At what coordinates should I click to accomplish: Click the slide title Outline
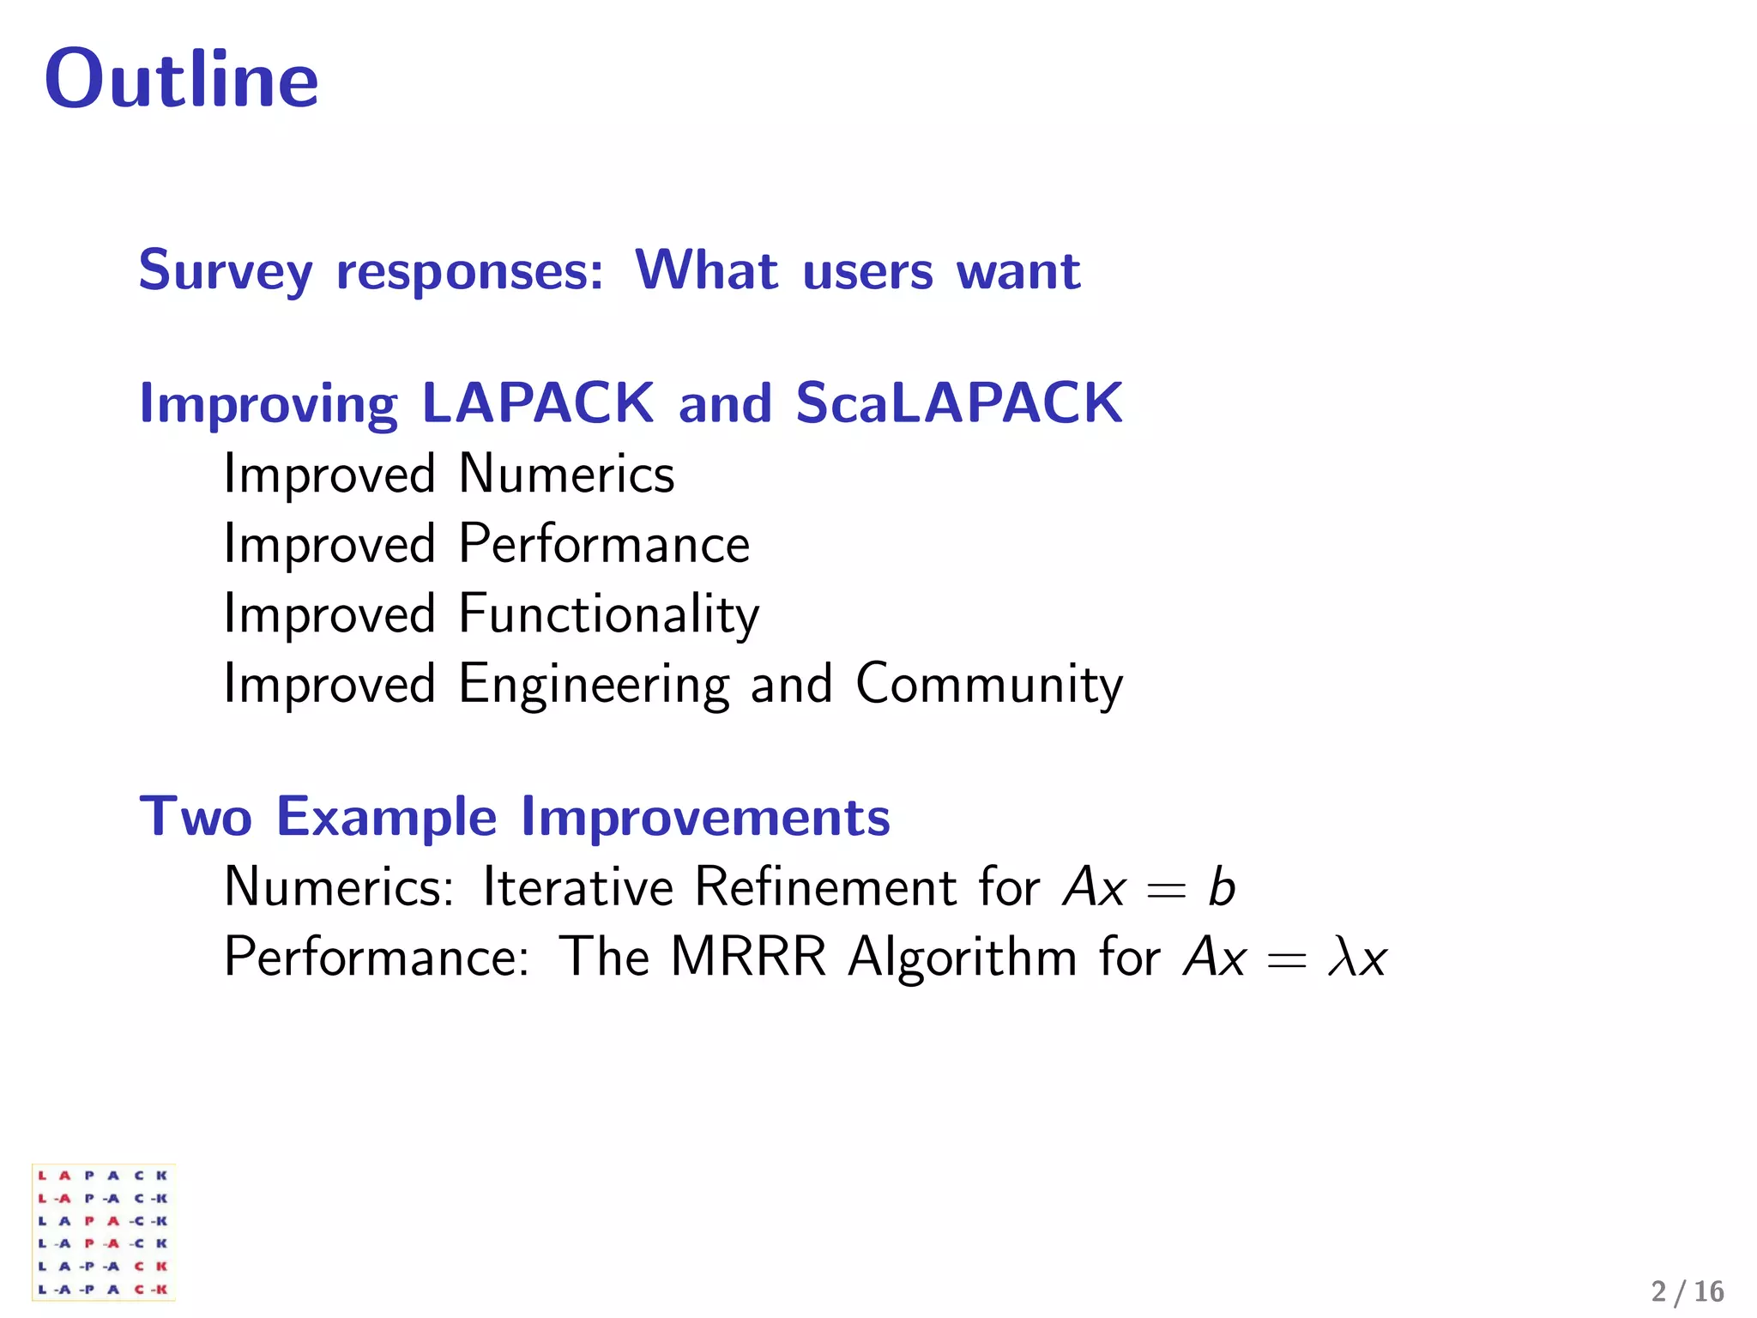(x=181, y=79)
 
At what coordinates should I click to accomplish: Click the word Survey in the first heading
(x=226, y=271)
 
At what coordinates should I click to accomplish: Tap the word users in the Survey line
(x=867, y=271)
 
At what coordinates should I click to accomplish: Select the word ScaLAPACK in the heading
(x=958, y=402)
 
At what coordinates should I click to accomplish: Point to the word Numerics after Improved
(x=566, y=474)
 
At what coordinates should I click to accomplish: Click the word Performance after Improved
(x=604, y=544)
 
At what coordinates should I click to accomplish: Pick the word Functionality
(x=608, y=614)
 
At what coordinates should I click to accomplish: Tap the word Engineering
(x=594, y=685)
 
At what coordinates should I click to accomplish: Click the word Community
(x=988, y=685)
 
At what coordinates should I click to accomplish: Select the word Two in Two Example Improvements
(x=196, y=816)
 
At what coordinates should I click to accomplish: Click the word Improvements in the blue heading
(x=705, y=816)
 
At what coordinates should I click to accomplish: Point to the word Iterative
(x=577, y=886)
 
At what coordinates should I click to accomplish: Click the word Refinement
(x=824, y=886)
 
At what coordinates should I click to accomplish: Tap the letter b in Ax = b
(x=1221, y=886)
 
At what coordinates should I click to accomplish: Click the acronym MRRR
(x=748, y=957)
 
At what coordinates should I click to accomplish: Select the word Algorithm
(x=962, y=957)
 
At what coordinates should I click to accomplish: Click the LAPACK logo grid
(x=103, y=1231)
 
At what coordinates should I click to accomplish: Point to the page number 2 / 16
(x=1687, y=1291)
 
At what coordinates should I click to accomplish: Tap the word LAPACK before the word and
(x=538, y=402)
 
